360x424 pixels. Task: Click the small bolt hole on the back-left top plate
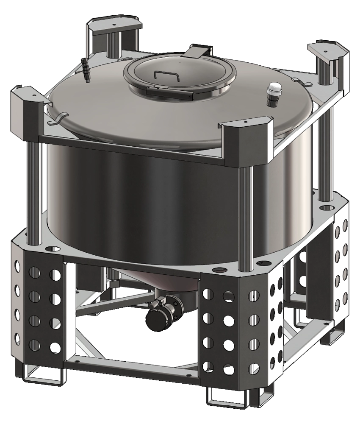(x=114, y=25)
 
